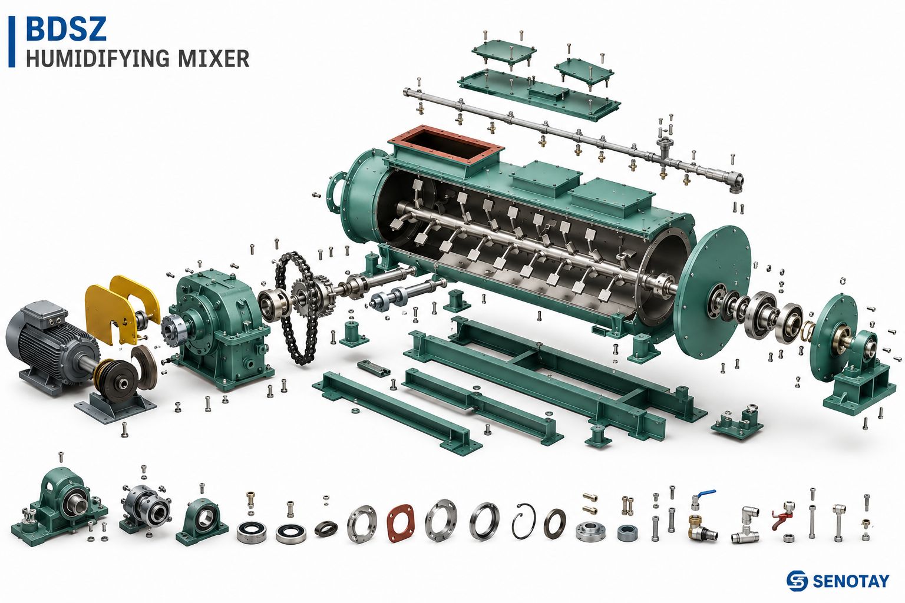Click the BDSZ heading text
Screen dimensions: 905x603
coord(66,28)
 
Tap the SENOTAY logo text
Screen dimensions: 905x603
coord(850,581)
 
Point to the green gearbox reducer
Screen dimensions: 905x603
coord(218,327)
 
